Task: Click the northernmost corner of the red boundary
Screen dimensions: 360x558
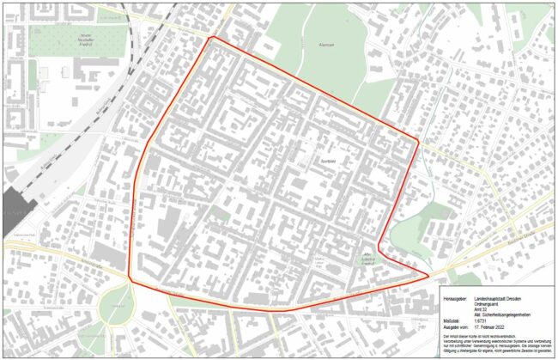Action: tap(212, 38)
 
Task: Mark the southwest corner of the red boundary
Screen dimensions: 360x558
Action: tap(130, 278)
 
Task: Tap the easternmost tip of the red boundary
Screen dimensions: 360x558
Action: tap(429, 276)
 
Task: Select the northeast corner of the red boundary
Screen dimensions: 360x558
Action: tap(418, 140)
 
